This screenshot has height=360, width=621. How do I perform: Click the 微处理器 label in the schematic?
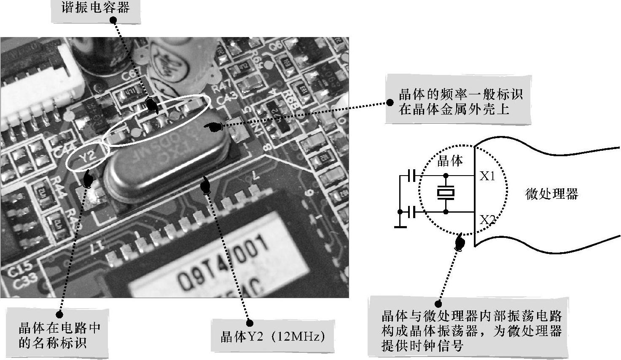[x=551, y=194]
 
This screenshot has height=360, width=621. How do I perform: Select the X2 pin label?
[x=487, y=220]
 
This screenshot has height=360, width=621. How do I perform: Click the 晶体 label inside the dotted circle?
[x=450, y=160]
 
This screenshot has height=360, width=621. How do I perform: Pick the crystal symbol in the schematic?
[x=446, y=193]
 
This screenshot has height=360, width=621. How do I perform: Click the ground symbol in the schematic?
[x=400, y=227]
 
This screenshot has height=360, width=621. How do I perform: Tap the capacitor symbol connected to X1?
[x=411, y=175]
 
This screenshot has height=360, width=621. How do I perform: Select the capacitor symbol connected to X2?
[x=411, y=212]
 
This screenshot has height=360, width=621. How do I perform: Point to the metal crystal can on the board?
[x=169, y=162]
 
